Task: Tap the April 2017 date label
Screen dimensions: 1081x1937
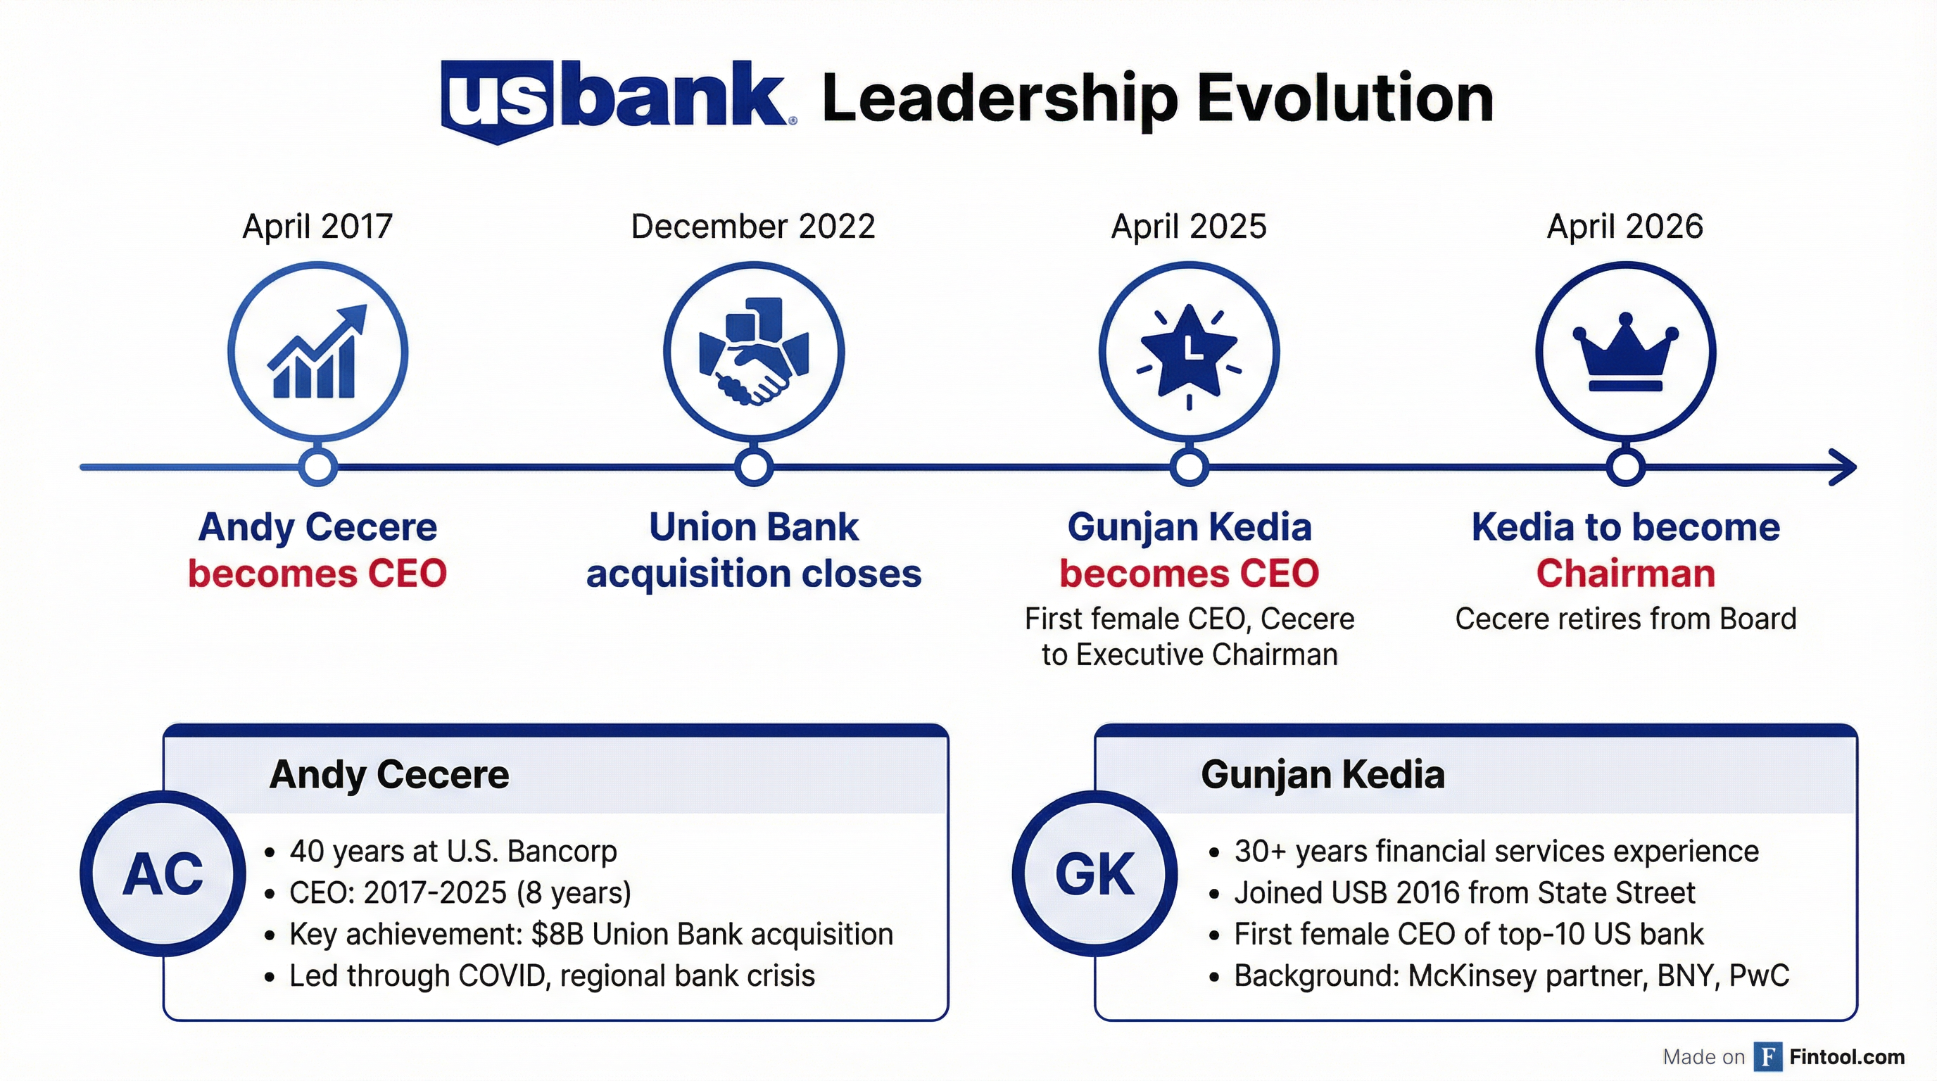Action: coord(317,227)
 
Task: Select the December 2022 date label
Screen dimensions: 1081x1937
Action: coord(752,227)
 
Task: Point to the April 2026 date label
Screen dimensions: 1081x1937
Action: coord(1624,227)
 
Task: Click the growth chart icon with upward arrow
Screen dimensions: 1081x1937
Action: coord(317,352)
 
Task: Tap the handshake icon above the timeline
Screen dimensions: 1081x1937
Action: coord(753,352)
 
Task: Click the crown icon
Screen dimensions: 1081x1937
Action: coord(1625,352)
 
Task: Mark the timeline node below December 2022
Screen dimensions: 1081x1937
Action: coord(753,467)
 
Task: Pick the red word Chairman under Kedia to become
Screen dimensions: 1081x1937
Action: coord(1625,574)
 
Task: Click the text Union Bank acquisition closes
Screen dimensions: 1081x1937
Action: coord(753,550)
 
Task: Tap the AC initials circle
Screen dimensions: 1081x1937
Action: coord(163,873)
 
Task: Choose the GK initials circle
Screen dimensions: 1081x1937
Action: coord(1094,873)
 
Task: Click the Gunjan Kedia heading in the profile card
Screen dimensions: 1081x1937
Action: coord(1322,774)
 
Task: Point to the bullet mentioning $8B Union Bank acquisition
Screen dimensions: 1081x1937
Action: coord(591,935)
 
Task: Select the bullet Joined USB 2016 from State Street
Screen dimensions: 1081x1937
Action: coord(1463,893)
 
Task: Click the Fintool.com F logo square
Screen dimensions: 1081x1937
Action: coord(1768,1056)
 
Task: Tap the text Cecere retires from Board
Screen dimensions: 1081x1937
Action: coord(1625,619)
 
